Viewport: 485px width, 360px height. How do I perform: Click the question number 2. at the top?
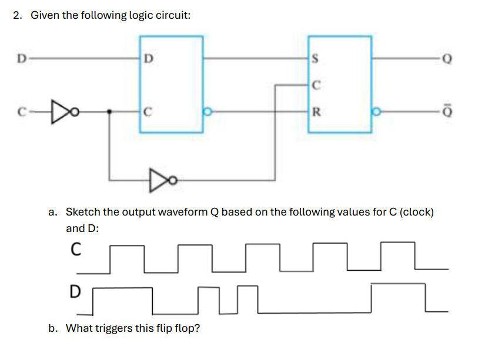[19, 16]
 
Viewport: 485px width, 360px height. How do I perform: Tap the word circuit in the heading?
[173, 16]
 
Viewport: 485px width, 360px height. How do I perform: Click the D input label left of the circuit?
[21, 58]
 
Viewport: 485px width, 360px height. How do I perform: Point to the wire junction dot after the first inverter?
[108, 110]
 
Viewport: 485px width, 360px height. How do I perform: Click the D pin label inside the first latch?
[149, 59]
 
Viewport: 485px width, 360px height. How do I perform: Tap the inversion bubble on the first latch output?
[206, 110]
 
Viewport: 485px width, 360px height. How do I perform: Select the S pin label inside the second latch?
[316, 59]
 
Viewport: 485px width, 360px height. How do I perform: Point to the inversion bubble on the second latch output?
[374, 110]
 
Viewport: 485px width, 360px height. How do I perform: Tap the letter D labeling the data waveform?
[74, 290]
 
